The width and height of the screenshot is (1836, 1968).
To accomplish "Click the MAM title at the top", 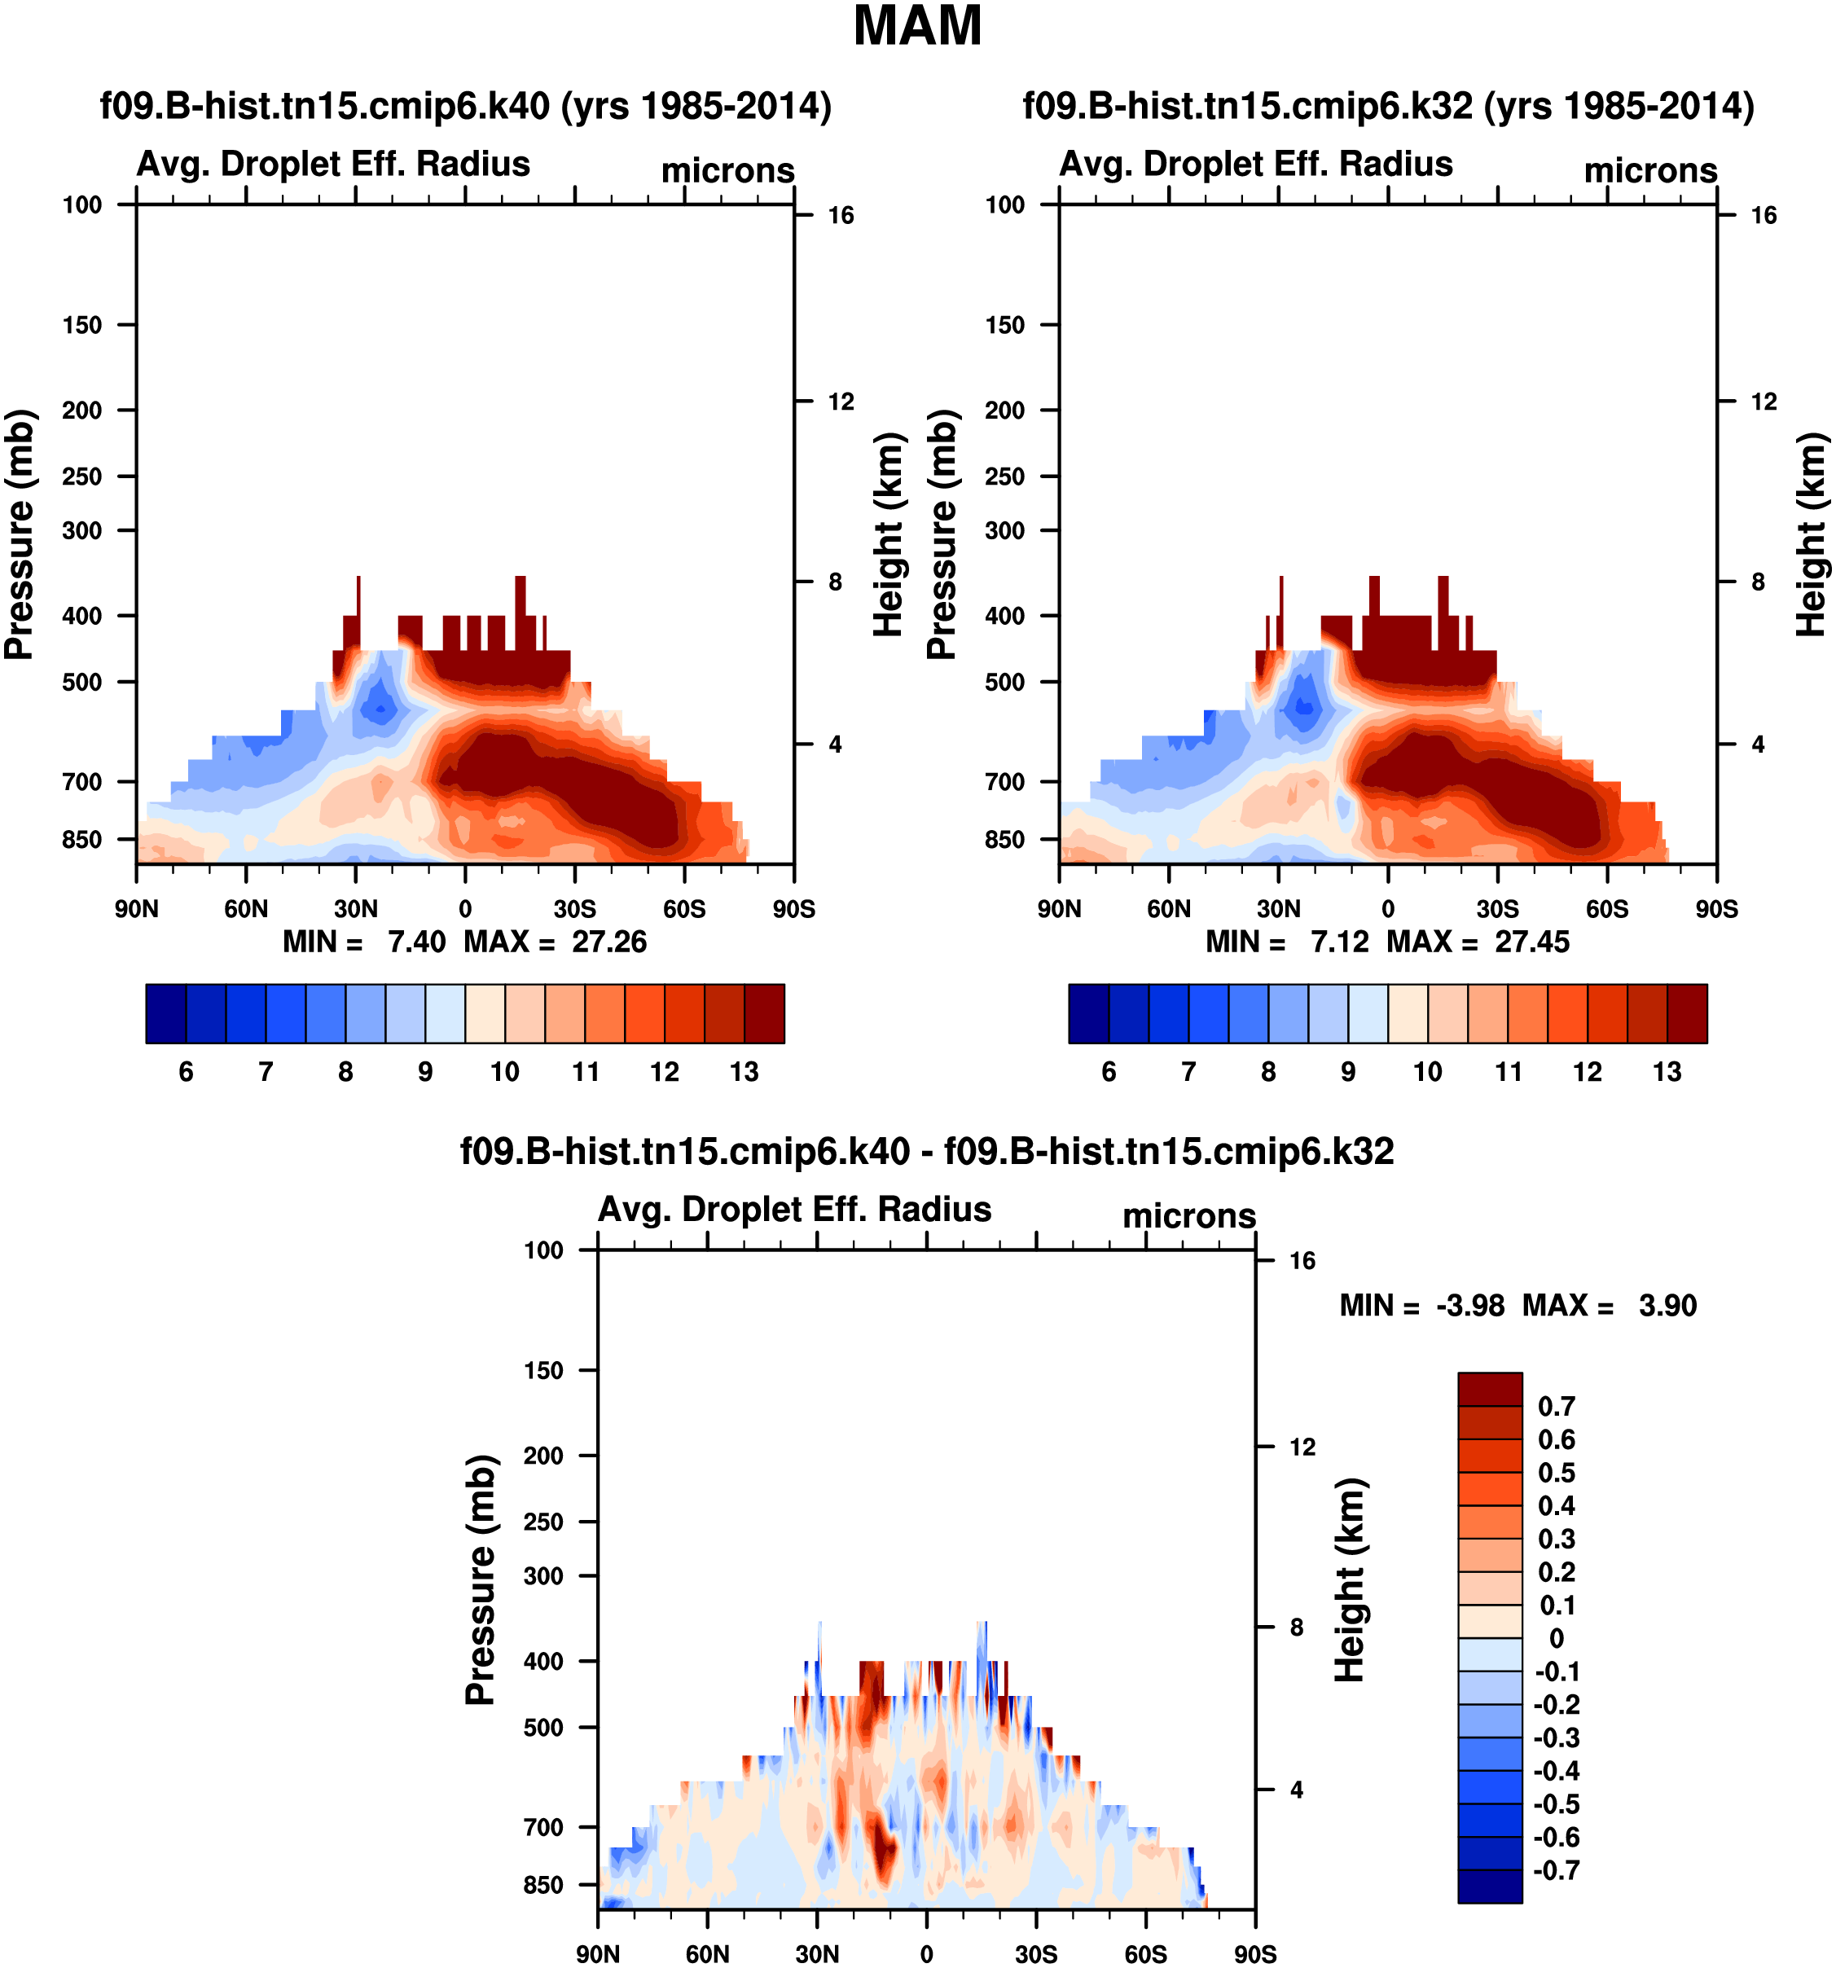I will pyautogui.click(x=917, y=27).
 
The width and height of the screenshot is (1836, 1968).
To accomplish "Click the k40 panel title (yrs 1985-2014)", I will pyautogui.click(x=465, y=106).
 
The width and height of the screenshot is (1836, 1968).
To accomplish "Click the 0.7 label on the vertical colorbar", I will pyautogui.click(x=1556, y=1407).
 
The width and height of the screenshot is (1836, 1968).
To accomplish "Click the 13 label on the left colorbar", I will pyautogui.click(x=745, y=1072).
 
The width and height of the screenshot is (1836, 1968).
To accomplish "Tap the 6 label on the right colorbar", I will pyautogui.click(x=1109, y=1072).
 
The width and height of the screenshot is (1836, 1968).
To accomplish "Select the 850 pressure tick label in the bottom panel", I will pyautogui.click(x=543, y=1885).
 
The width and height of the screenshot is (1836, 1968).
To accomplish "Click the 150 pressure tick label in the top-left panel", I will pyautogui.click(x=82, y=325).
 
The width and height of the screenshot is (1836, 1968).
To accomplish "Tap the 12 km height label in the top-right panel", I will pyautogui.click(x=1764, y=402).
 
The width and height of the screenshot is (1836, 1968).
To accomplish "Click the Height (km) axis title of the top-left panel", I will pyautogui.click(x=889, y=534).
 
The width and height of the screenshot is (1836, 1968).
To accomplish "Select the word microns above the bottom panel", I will pyautogui.click(x=1188, y=1215).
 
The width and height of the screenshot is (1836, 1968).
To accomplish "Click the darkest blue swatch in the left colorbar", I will pyautogui.click(x=166, y=1013).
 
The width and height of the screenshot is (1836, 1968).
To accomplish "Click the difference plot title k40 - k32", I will pyautogui.click(x=926, y=1151).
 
